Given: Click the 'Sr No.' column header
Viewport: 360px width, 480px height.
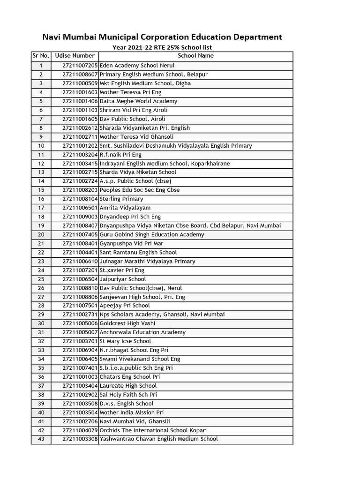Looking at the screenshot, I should (x=41, y=56).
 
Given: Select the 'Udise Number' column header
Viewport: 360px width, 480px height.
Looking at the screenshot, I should (x=75, y=56).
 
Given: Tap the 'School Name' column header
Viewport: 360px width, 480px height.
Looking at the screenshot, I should (x=195, y=56).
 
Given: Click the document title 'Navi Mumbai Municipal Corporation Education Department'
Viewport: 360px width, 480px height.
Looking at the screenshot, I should (x=162, y=37).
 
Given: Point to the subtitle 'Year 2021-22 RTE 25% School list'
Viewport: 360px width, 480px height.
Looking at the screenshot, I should (x=162, y=47).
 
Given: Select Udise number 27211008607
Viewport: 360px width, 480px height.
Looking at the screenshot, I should (x=80, y=75).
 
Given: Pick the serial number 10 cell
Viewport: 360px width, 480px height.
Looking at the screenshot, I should (x=41, y=146).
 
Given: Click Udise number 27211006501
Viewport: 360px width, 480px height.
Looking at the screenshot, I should (x=80, y=208).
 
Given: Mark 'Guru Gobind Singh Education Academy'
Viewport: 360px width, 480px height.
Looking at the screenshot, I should (x=152, y=234).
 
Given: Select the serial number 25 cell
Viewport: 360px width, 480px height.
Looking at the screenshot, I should (x=41, y=279).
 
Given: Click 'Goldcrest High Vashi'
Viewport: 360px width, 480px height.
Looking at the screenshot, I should (x=127, y=323).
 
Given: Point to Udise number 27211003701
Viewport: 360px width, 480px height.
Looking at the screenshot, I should (x=80, y=341).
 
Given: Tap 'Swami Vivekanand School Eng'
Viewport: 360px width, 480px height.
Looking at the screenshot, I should (x=140, y=359).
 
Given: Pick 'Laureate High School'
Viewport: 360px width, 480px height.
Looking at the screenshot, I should (x=128, y=386).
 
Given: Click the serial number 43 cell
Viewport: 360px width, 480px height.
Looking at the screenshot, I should (x=41, y=439).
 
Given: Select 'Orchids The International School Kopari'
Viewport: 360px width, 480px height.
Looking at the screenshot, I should (x=153, y=430).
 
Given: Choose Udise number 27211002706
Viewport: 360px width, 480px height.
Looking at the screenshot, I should (x=80, y=421).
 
